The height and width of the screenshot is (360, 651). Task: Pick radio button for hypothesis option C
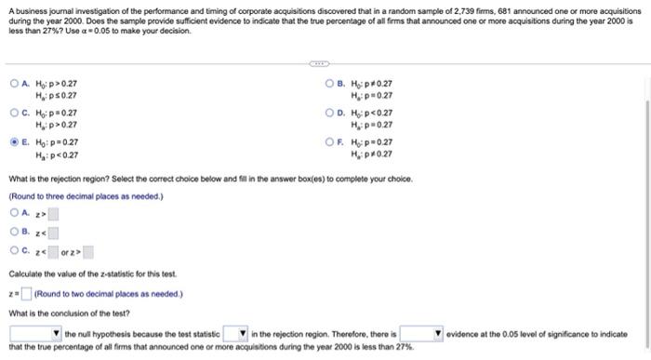click(13, 113)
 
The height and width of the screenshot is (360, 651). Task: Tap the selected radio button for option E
click(13, 142)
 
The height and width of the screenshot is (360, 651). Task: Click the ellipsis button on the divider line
click(319, 64)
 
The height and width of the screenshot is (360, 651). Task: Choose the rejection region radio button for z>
click(13, 214)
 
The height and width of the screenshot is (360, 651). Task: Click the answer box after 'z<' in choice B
click(53, 233)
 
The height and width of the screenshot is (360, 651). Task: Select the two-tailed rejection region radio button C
click(13, 251)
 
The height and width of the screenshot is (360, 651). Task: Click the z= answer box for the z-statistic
click(26, 295)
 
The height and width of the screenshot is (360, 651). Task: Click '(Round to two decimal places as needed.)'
click(108, 295)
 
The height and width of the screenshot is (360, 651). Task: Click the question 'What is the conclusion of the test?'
click(69, 313)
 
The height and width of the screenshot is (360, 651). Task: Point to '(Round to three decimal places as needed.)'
click(85, 196)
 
